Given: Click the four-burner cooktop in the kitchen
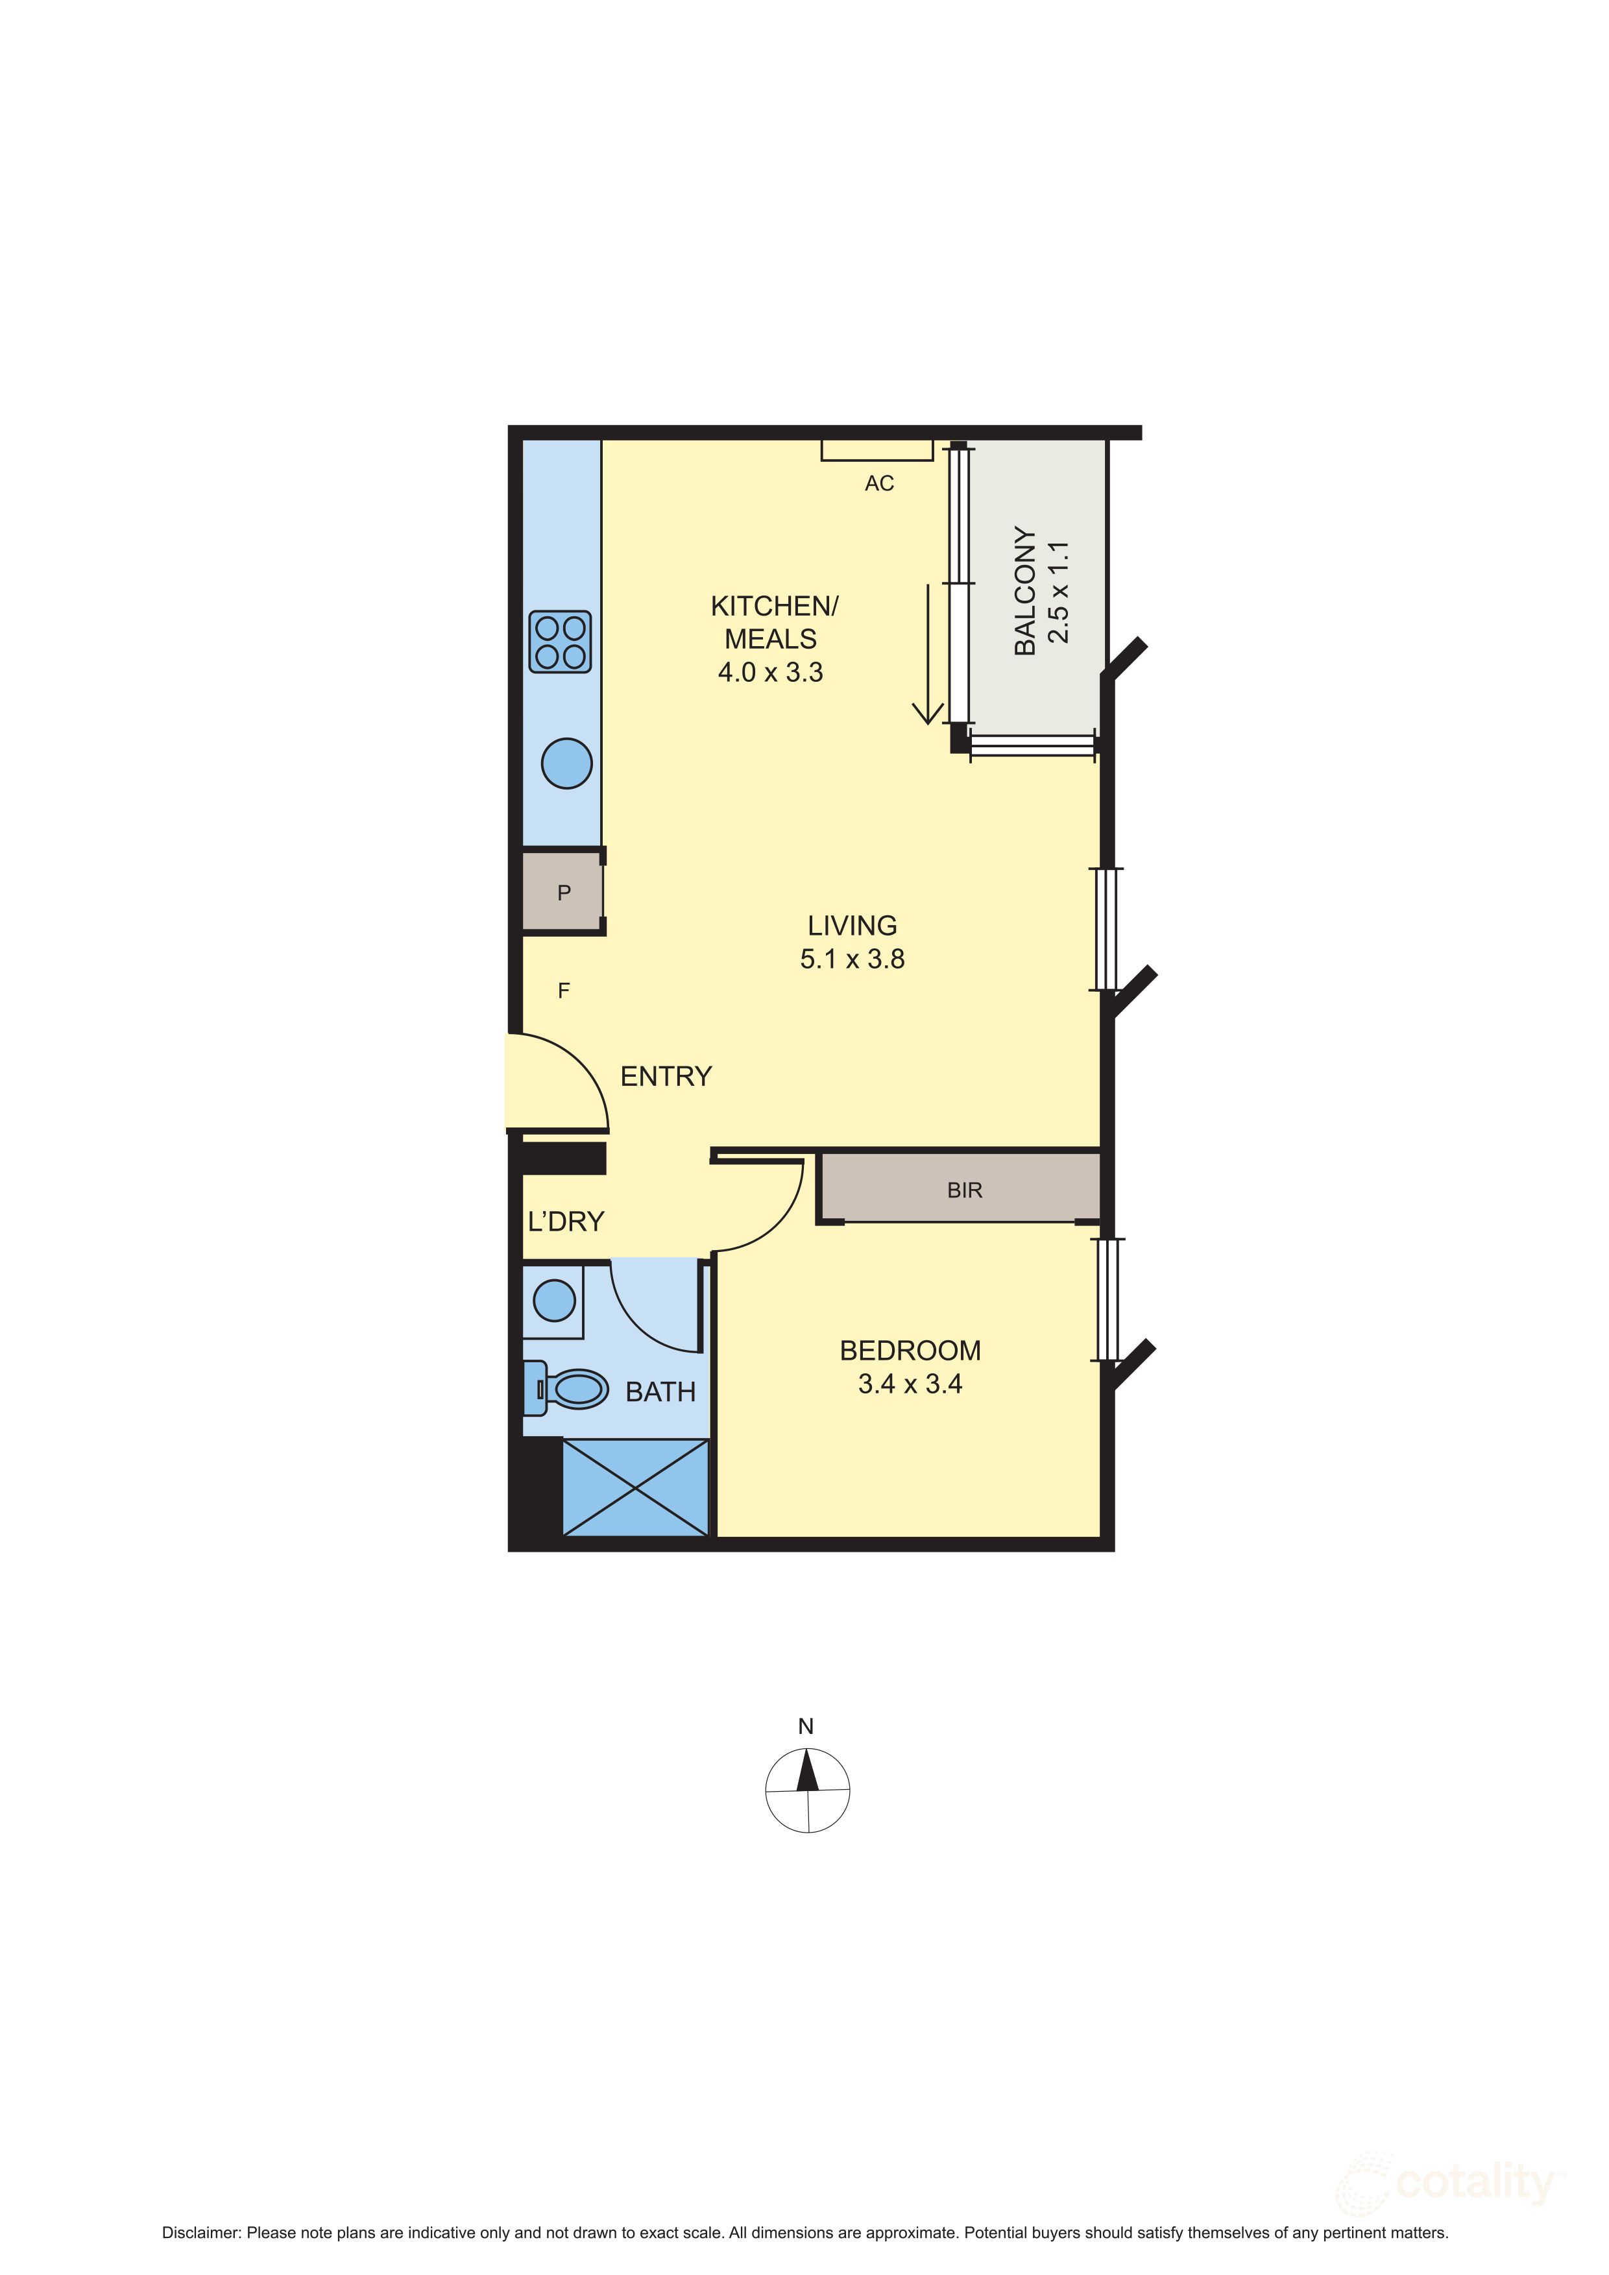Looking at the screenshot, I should click(561, 642).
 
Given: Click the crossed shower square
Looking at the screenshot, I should click(635, 1487).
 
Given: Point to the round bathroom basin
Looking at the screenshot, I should click(554, 1300).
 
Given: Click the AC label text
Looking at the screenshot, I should click(879, 483).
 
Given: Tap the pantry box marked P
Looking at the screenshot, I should click(563, 892).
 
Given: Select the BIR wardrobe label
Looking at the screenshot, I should click(964, 1190).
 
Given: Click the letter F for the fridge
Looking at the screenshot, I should click(564, 990).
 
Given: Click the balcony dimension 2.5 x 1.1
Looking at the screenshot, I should click(1059, 592).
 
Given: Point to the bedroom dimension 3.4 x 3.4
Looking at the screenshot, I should click(910, 1384).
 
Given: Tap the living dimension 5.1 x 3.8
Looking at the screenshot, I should click(852, 959).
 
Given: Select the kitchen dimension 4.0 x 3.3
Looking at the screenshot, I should click(771, 673).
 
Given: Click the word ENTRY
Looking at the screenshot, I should click(666, 1076).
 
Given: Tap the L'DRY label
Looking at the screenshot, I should click(566, 1222).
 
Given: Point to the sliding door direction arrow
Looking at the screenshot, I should click(927, 654).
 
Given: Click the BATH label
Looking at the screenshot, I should click(660, 1392).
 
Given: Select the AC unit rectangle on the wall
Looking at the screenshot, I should click(877, 451).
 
